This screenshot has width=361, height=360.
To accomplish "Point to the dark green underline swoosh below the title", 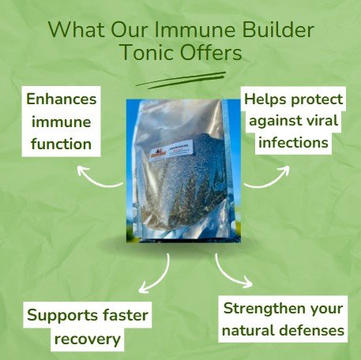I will coord(179,80).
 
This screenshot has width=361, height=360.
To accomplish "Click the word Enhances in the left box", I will coord(62,101).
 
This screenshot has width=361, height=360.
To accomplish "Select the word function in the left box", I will coord(62,144).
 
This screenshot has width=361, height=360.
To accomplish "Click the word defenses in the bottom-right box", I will coord(309,330).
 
